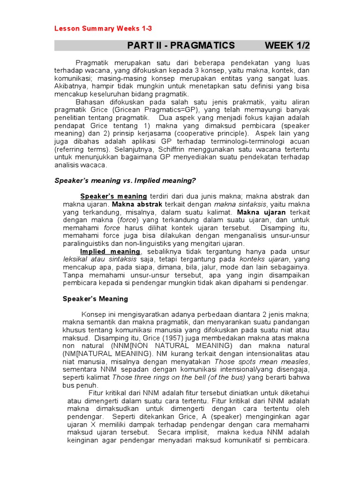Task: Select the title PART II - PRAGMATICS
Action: [181, 45]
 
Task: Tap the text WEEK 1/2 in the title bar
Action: [287, 45]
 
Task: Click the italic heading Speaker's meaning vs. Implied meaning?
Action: [125, 181]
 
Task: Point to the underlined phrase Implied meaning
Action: [110, 251]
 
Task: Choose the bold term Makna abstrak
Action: [137, 204]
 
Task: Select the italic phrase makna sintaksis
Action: [240, 204]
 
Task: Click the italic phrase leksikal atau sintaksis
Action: [100, 259]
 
